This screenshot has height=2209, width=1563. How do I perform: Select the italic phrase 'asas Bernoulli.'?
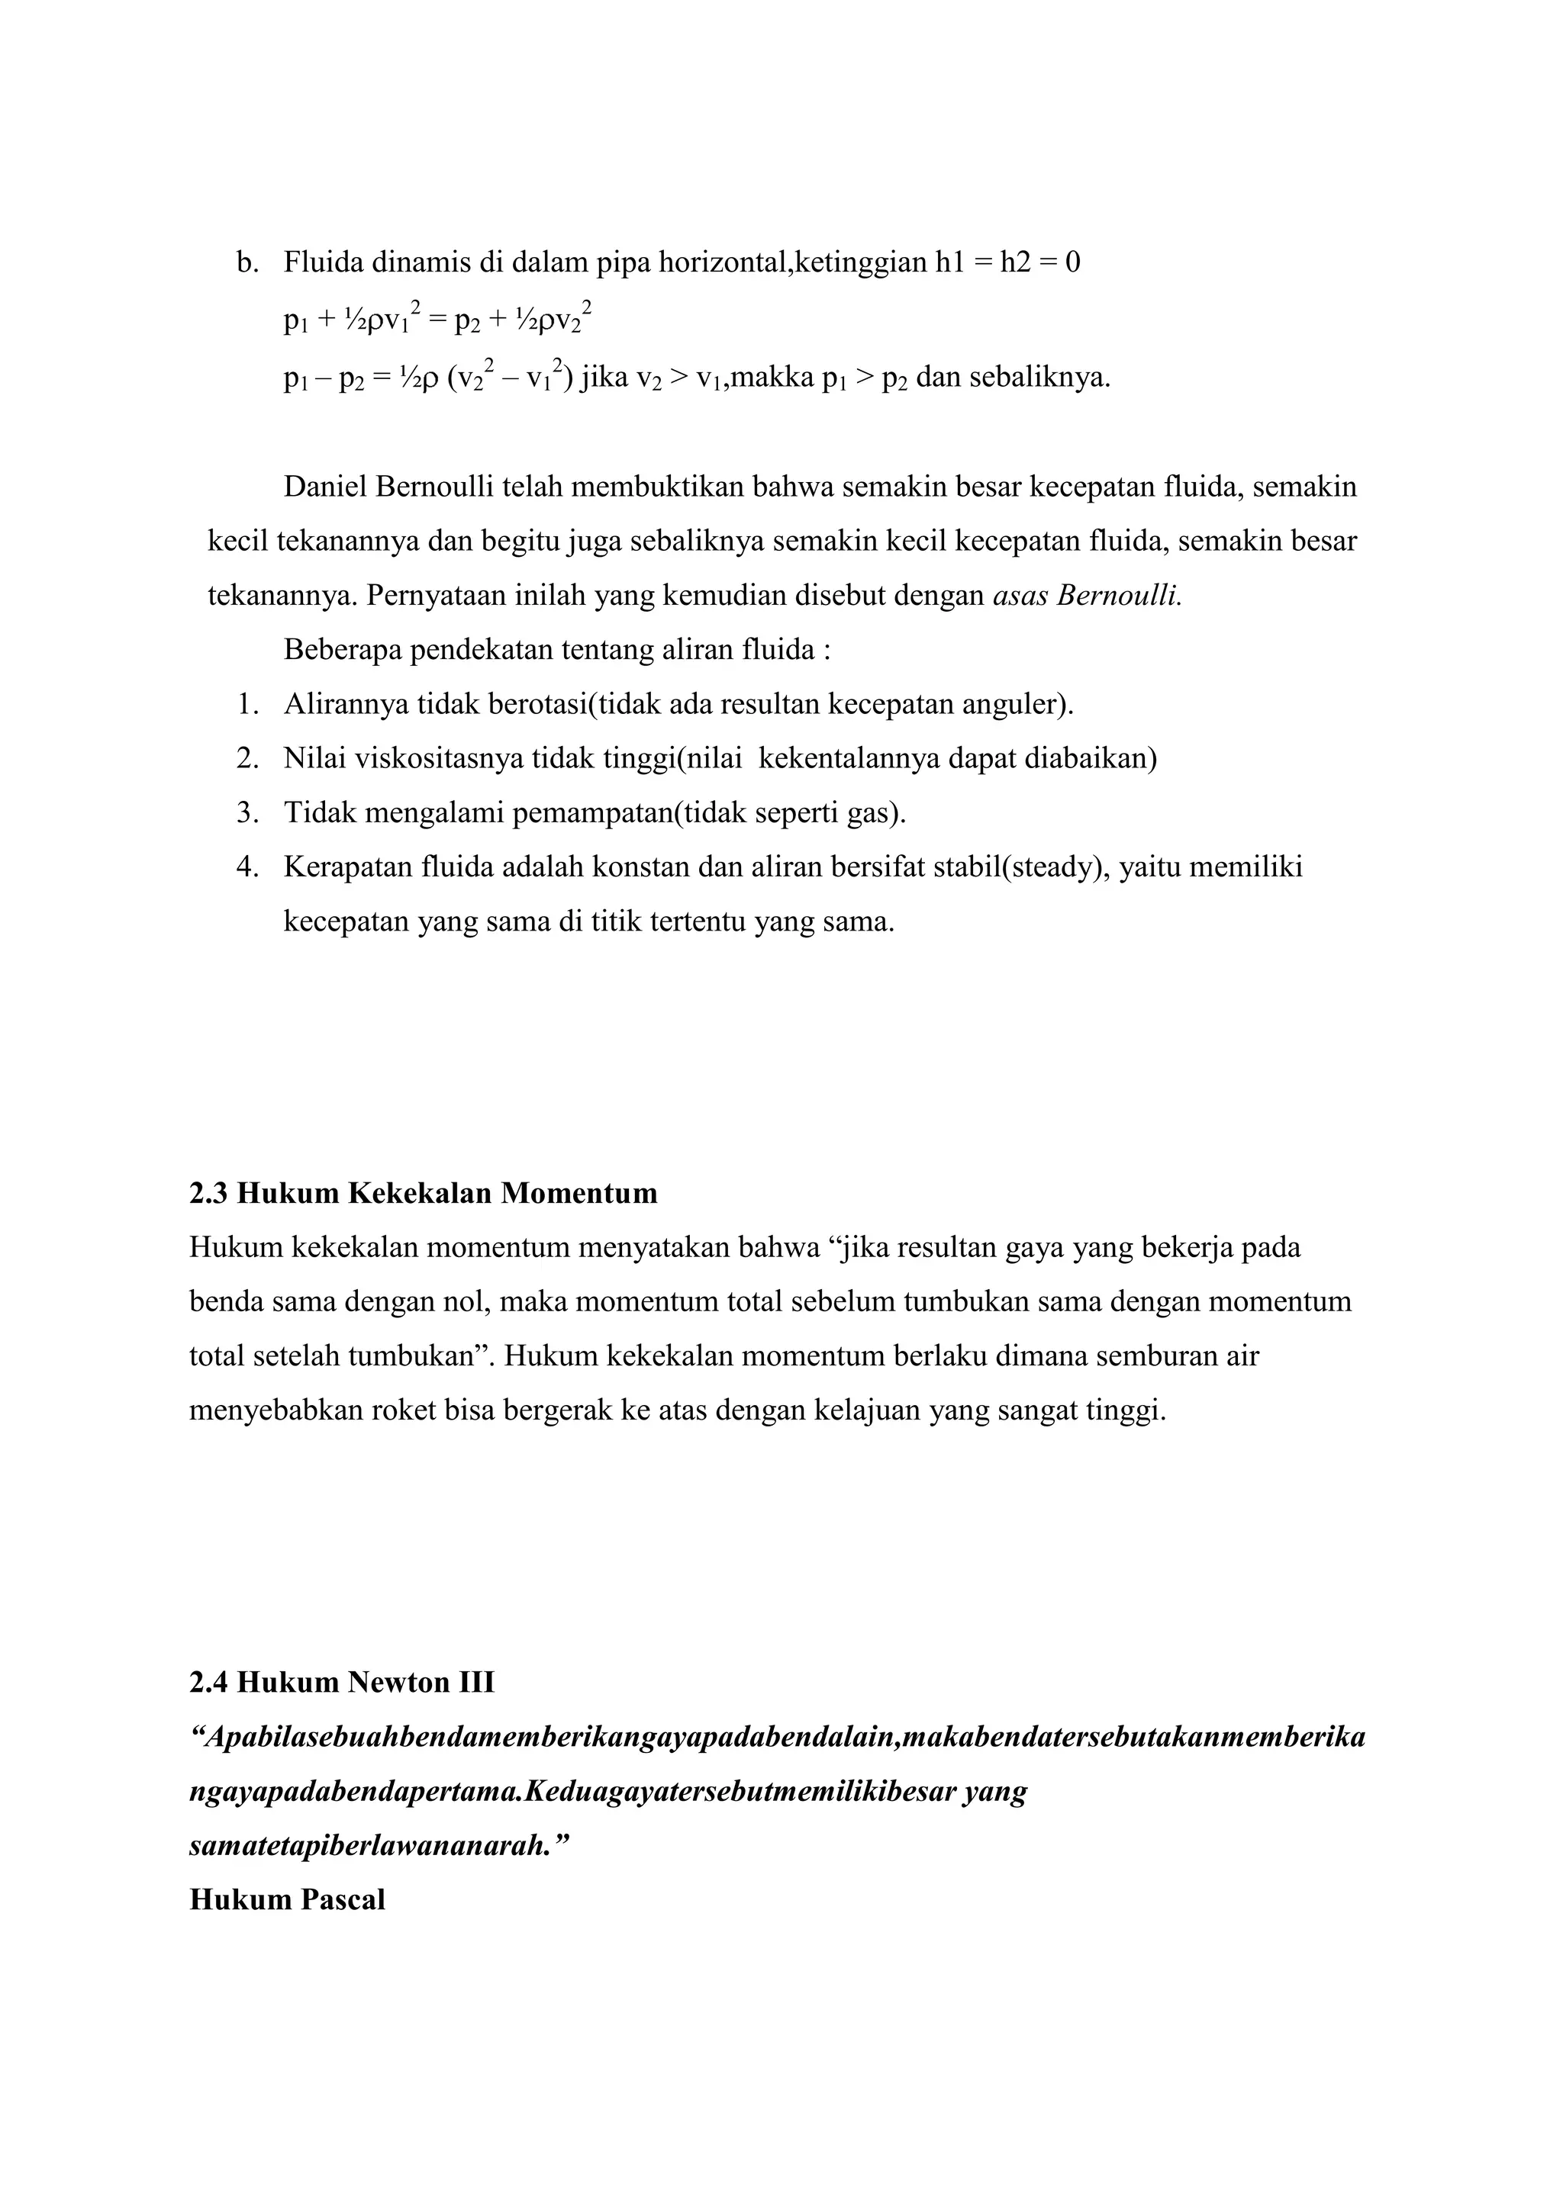1087,596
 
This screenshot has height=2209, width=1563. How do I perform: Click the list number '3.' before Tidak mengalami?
247,813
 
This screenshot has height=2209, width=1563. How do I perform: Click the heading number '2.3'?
209,1194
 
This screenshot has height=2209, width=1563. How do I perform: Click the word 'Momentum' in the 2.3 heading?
579,1194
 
